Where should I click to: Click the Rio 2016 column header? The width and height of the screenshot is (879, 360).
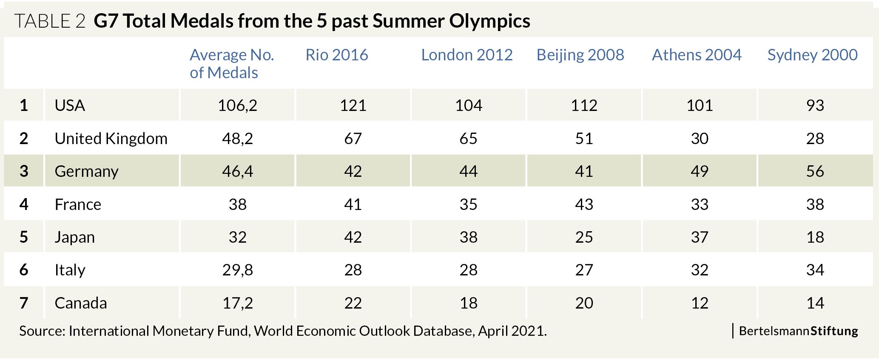point(336,55)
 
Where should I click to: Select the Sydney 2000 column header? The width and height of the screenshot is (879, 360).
point(812,55)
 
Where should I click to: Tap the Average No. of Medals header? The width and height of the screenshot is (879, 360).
point(232,64)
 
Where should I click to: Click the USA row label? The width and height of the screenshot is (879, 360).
point(70,105)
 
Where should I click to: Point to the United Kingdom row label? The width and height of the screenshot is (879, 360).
point(111,139)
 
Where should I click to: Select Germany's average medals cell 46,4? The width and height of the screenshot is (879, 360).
point(237,171)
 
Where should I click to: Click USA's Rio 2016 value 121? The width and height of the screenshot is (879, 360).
point(353,105)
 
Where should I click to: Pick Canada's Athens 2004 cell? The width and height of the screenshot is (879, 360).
point(700,303)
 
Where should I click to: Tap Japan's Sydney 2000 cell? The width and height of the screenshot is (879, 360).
point(815,237)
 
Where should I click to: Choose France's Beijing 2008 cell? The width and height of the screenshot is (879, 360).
point(584,204)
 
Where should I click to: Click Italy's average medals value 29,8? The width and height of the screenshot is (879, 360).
point(237,270)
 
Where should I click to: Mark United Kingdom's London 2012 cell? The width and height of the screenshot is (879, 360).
point(468,139)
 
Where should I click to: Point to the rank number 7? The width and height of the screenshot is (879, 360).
point(24,303)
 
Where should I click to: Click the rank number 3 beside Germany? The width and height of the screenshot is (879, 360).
point(24,171)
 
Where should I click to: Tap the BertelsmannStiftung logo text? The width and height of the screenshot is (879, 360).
point(798,331)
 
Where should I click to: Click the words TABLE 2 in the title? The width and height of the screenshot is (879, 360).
point(50,21)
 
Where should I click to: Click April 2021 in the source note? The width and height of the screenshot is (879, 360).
point(512,331)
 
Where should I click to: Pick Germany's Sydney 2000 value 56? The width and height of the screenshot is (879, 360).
point(815,171)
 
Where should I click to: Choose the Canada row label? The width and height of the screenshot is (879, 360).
point(81,303)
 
